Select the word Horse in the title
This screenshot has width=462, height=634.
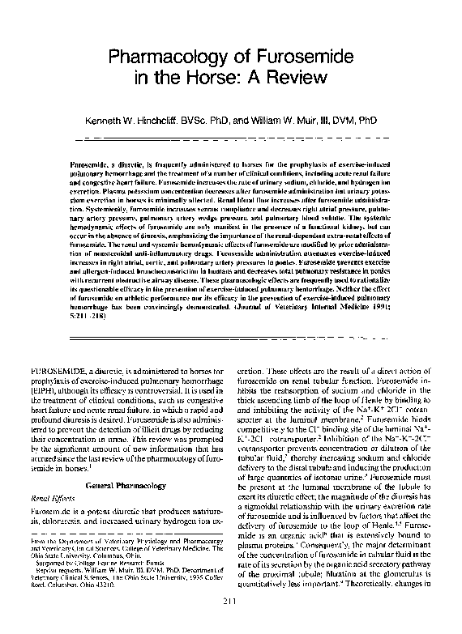[212, 79]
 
